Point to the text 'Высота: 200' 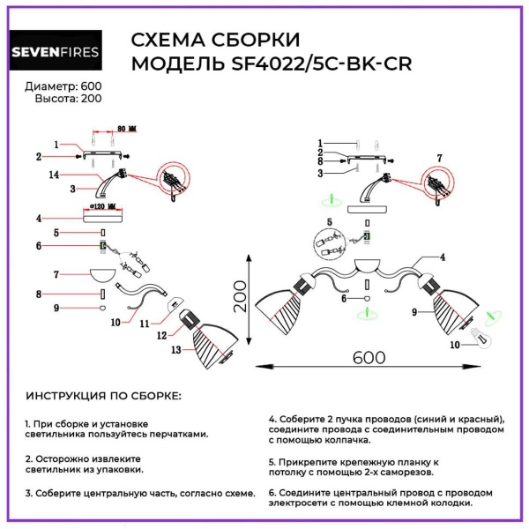pos(68,99)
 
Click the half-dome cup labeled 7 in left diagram pos(103,275)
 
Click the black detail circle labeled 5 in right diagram pos(330,243)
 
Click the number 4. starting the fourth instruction pos(272,420)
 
